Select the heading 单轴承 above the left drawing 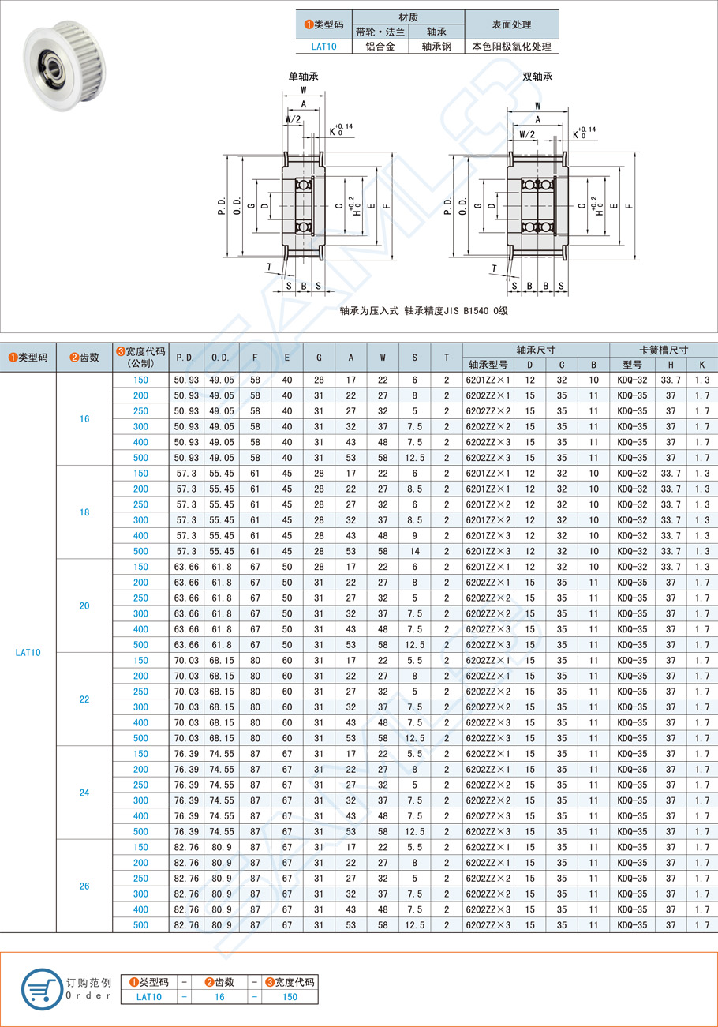click(304, 77)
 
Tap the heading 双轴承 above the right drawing click(537, 77)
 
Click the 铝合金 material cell click(380, 47)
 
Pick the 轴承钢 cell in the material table click(436, 47)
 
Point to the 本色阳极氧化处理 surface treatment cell click(511, 47)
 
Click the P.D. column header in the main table click(186, 358)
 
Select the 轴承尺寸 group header click(536, 350)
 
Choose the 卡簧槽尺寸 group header click(664, 350)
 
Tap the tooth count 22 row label click(84, 699)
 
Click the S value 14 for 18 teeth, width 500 click(414, 551)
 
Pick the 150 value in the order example click(289, 997)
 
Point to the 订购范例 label click(89, 982)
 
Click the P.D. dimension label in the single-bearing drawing click(221, 206)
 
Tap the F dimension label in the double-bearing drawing click(629, 206)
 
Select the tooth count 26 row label click(84, 886)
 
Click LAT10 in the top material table click(323, 47)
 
